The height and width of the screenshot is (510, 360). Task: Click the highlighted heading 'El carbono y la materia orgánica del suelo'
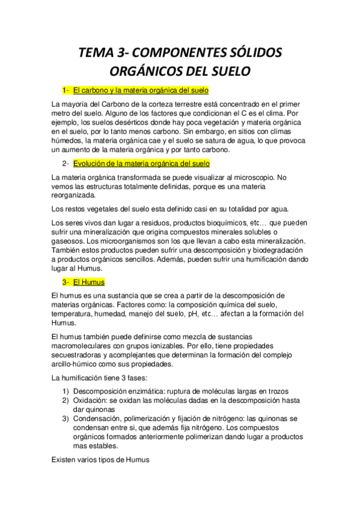[x=141, y=91]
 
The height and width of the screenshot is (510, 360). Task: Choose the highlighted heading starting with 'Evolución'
[x=141, y=164]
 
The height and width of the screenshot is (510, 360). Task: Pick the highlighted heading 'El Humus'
[x=89, y=281]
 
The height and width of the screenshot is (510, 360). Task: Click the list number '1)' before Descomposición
[x=66, y=391]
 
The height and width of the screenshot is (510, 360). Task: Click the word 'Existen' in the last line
[x=66, y=459]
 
